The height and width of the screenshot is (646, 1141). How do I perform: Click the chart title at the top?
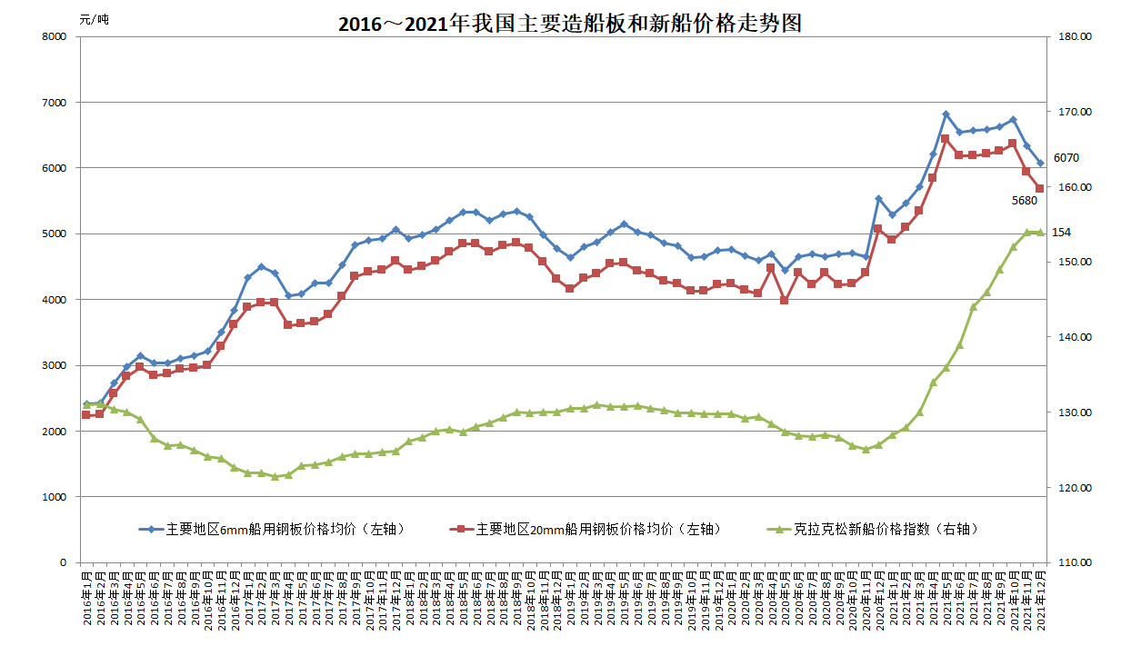click(570, 24)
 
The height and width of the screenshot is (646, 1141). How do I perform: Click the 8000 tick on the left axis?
click(55, 36)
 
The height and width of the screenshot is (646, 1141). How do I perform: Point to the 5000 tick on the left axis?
click(55, 234)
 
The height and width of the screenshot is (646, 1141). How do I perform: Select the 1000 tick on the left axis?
click(55, 497)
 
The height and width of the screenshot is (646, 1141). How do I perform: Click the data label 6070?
click(1066, 157)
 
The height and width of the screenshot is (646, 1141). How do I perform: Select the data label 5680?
click(1025, 200)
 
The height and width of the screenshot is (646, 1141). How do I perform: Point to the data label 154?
click(1061, 233)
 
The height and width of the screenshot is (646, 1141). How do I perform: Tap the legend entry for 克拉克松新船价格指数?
click(882, 529)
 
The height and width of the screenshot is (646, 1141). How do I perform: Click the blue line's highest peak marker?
click(946, 114)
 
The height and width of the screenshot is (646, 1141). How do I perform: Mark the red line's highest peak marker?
click(946, 139)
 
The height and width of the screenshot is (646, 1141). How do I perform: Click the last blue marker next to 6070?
click(1040, 164)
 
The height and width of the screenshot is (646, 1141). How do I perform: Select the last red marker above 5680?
click(1040, 188)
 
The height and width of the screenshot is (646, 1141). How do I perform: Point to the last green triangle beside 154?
click(1040, 233)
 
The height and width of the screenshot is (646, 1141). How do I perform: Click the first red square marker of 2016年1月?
click(86, 414)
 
